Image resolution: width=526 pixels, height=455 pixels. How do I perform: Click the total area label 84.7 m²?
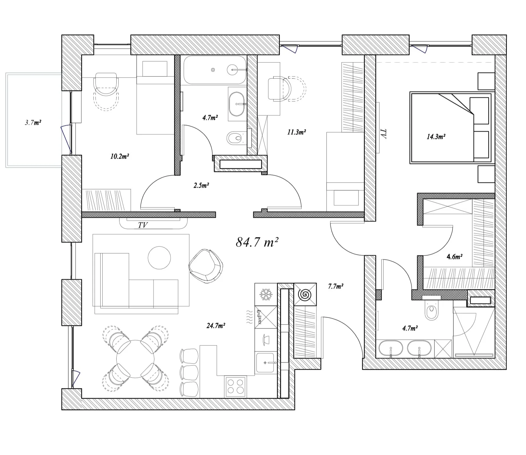point(257,242)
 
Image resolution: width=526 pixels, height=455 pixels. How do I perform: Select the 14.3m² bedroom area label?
point(436,136)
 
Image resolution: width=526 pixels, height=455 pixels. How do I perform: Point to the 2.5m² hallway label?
point(201,185)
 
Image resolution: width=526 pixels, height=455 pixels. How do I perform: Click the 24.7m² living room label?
point(216,325)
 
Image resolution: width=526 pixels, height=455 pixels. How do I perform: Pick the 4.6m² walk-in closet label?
point(455,257)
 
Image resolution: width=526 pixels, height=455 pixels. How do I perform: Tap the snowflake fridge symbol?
point(266,294)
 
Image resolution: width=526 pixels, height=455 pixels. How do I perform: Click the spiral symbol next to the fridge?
point(305,294)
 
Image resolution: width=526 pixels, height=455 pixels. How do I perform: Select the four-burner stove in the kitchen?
point(236,386)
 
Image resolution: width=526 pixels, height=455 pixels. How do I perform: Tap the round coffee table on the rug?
point(159,258)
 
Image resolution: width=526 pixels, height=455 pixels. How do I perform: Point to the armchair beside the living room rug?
point(206,266)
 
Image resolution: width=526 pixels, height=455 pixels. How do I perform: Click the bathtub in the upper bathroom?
point(215,70)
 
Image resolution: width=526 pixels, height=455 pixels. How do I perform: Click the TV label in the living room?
point(143,225)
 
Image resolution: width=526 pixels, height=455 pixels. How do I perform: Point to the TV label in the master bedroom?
point(383,134)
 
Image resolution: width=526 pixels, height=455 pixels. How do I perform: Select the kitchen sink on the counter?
point(266,363)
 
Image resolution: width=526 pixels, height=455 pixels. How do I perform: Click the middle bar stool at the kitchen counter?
point(189,373)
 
